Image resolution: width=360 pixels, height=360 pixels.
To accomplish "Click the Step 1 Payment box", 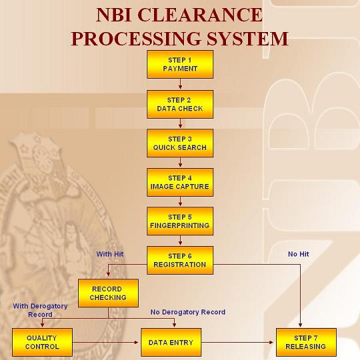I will point(180,64).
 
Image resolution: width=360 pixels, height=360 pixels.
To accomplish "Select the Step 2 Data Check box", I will point(180,103).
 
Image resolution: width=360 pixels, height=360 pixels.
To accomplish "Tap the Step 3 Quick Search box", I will point(180,143).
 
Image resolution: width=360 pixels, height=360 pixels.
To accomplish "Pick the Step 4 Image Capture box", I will point(180,182).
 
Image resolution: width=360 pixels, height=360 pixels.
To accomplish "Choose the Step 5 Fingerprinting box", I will point(180,221).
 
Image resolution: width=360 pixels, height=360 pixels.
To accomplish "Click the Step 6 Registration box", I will point(180,260).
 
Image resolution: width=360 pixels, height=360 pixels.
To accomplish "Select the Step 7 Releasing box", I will point(306,342).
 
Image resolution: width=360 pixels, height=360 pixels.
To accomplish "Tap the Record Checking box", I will point(108,293).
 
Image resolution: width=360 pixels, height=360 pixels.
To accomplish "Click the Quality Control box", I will point(42,342).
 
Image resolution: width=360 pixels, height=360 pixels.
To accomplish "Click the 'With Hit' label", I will point(110,254).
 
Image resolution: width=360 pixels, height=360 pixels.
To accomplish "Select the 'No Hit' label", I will point(298,254).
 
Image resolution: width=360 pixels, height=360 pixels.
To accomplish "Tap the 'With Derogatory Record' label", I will point(40,310).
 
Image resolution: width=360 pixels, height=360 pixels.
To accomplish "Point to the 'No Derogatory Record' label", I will point(188,312).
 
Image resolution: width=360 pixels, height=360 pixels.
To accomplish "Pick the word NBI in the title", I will point(120,15).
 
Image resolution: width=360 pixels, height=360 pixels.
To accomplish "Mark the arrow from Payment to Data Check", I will point(180,84).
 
